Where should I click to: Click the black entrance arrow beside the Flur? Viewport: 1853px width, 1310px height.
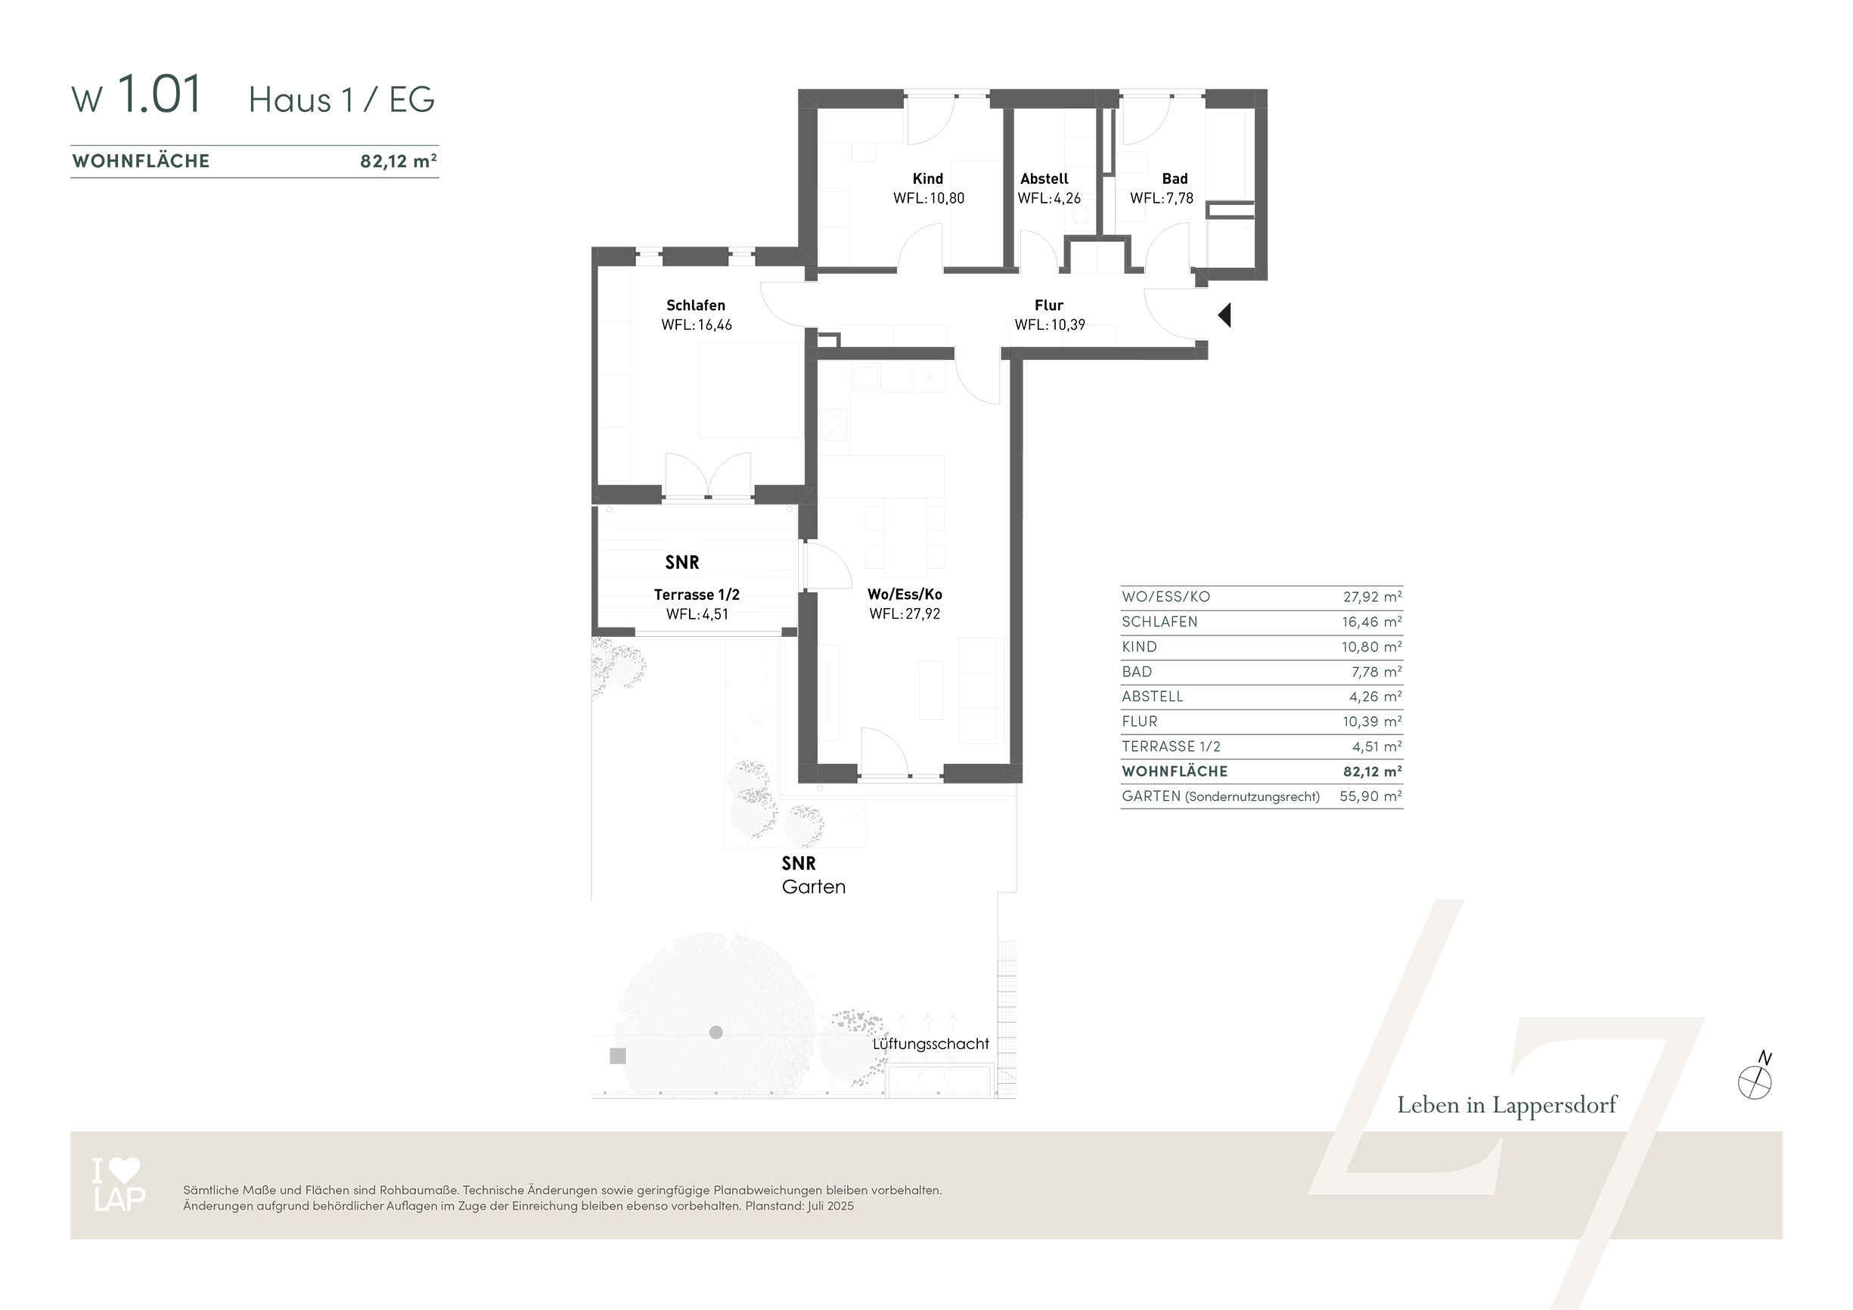1225,315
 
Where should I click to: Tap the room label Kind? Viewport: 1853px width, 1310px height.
927,178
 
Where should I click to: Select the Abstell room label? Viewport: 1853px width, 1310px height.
1044,178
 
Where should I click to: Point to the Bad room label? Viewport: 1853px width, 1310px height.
1175,178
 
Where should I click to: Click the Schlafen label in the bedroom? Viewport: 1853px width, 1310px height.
696,305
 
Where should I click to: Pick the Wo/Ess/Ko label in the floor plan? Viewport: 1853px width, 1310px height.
905,594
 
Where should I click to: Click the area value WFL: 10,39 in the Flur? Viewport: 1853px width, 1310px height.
1049,324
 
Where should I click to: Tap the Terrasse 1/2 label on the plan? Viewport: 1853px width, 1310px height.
697,594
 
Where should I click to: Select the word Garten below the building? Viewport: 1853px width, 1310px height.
814,886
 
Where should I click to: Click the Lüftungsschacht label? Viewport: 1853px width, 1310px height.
930,1044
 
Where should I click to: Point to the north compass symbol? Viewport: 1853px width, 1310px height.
1755,1079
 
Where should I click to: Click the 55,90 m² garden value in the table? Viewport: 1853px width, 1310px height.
1370,796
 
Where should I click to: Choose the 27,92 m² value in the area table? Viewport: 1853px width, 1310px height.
1372,597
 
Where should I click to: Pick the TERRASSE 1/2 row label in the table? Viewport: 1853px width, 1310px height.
1171,747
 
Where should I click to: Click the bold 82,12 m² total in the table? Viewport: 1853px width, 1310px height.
1372,771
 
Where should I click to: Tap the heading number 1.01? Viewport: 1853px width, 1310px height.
159,94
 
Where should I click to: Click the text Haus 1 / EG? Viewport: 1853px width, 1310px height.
341,100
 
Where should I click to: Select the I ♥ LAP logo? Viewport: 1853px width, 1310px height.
119,1184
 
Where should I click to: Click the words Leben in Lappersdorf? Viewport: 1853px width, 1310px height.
1507,1105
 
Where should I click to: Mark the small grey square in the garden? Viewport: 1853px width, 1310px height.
617,1056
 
